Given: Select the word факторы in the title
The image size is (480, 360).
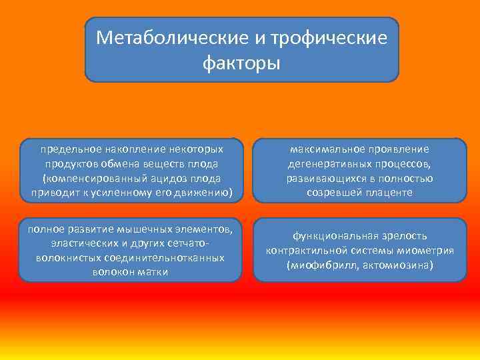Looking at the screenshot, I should click(x=241, y=63).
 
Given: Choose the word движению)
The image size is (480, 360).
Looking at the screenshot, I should click(x=206, y=193).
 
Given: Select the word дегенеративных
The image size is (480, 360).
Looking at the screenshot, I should click(x=325, y=164).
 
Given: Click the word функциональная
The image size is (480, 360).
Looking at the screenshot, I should click(x=337, y=236).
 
